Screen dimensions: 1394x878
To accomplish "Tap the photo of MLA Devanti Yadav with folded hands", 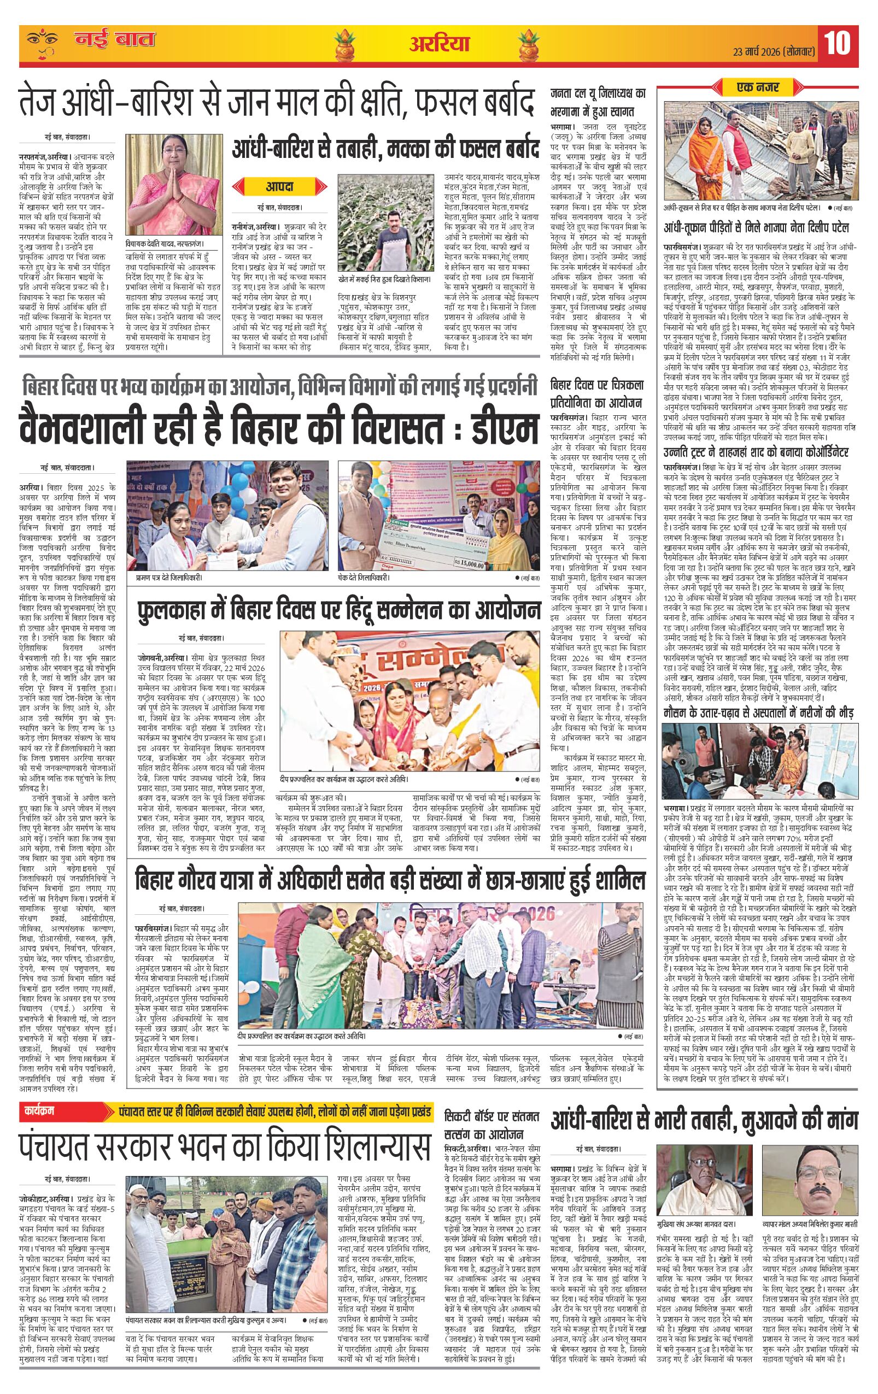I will [165, 189].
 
